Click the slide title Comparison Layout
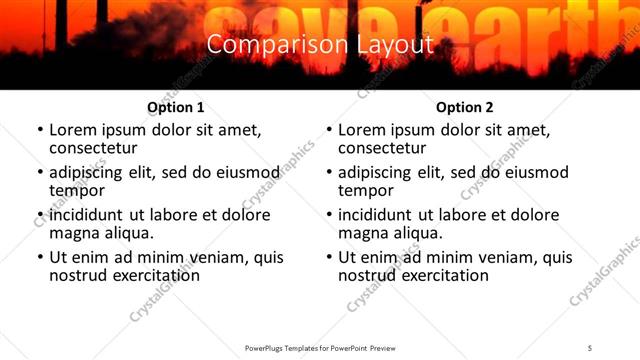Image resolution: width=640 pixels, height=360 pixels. (320, 45)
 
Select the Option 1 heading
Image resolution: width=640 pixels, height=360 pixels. (176, 107)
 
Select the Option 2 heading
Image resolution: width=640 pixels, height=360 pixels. (465, 107)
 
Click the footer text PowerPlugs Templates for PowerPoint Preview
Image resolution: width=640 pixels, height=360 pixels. (320, 348)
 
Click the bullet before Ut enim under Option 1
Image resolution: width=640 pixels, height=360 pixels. (40, 258)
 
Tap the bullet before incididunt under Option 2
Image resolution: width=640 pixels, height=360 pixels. (329, 215)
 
